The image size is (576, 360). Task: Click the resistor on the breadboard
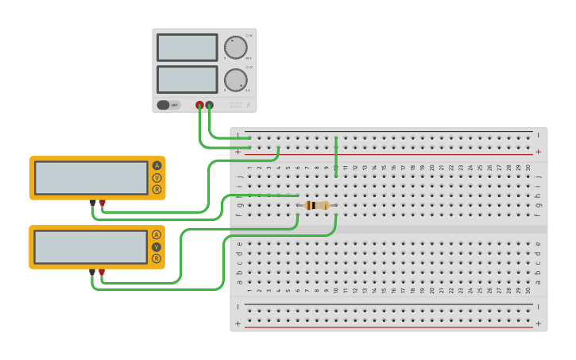[316, 205]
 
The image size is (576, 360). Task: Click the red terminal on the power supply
[199, 105]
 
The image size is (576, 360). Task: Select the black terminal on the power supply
[210, 105]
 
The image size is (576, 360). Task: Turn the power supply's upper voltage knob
[235, 47]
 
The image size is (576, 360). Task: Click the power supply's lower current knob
[235, 79]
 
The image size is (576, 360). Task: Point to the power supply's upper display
[187, 48]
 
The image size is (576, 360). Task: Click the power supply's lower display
[187, 79]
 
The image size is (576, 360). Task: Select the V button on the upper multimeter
[157, 177]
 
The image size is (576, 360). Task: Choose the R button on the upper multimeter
[157, 189]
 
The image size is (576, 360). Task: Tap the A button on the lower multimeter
[157, 234]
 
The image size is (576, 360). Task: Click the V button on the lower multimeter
[157, 246]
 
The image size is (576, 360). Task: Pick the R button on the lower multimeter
[157, 258]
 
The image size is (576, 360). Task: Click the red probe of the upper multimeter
[102, 203]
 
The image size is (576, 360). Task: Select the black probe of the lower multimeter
[92, 273]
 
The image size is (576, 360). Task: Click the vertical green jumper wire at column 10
[336, 157]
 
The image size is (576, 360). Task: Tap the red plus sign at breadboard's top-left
[238, 151]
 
